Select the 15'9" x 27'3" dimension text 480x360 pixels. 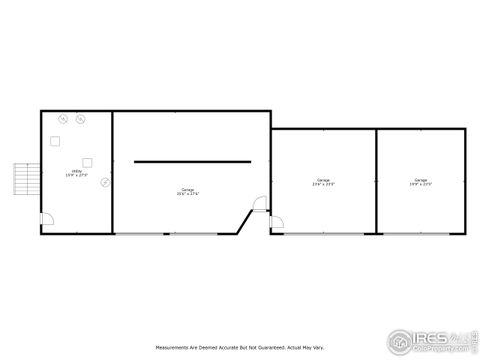[x=76, y=176]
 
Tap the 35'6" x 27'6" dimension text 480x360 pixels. [x=188, y=194]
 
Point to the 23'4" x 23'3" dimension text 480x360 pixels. [x=323, y=185]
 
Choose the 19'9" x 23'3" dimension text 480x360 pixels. [x=421, y=185]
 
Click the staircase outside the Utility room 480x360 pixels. [x=25, y=179]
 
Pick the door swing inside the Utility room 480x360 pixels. [x=46, y=223]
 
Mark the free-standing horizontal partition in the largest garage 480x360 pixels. [x=192, y=161]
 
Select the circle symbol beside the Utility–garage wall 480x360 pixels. [x=105, y=181]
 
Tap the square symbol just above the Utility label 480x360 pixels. [x=88, y=160]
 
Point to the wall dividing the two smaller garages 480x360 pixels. [x=376, y=181]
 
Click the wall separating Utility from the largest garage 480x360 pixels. [x=113, y=170]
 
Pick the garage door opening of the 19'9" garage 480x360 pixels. [x=421, y=233]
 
